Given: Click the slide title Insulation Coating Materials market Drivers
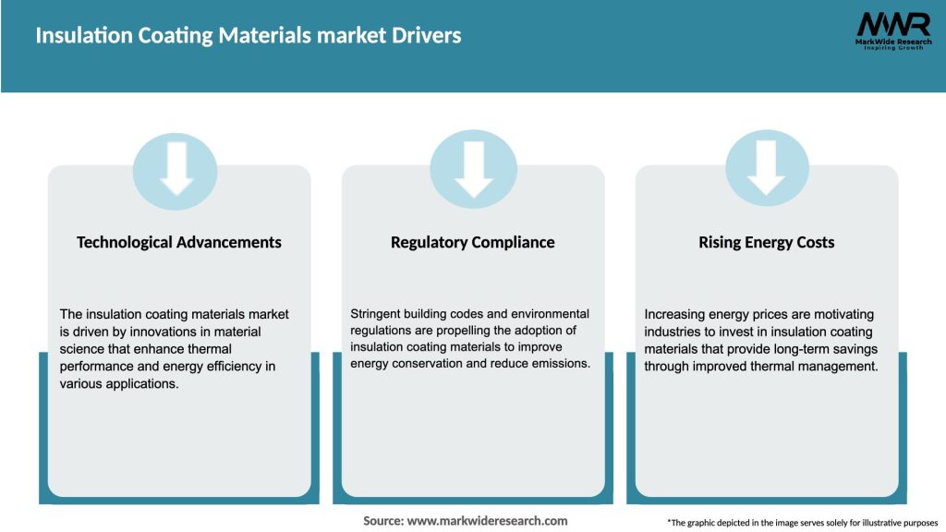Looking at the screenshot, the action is (x=248, y=36).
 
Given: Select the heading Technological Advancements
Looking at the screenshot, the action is (x=179, y=242).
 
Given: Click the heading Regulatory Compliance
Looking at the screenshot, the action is (x=473, y=242).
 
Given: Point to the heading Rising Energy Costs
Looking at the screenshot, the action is (x=767, y=242).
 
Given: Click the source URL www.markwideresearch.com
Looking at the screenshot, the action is (x=487, y=521).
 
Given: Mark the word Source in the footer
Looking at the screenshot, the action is (x=382, y=521).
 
